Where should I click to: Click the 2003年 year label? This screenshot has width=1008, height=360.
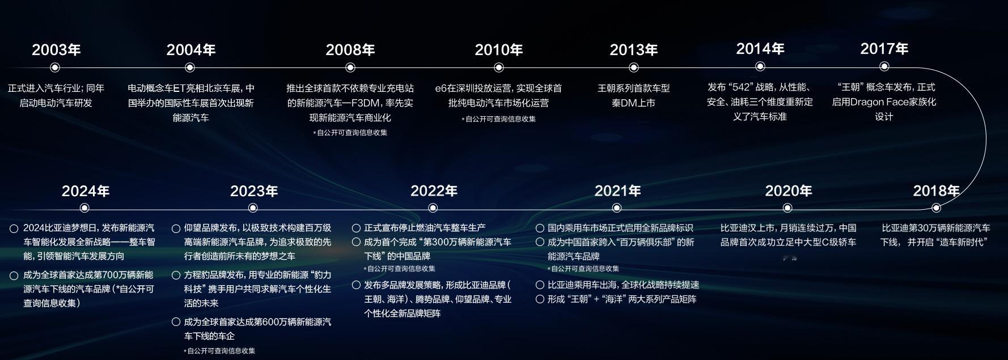pyautogui.click(x=56, y=50)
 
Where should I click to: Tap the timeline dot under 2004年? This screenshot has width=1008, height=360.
pyautogui.click(x=190, y=67)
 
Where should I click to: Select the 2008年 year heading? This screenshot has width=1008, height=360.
pyautogui.click(x=350, y=50)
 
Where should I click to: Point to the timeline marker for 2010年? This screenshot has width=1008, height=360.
pyautogui.click(x=499, y=67)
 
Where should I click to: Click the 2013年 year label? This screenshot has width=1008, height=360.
pyautogui.click(x=634, y=50)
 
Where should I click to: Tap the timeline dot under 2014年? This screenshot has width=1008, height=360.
pyautogui.click(x=760, y=66)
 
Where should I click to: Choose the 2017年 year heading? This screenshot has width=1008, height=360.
pyautogui.click(x=884, y=49)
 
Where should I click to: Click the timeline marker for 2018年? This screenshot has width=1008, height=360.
pyautogui.click(x=936, y=207)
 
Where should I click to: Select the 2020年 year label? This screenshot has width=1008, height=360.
pyautogui.click(x=789, y=191)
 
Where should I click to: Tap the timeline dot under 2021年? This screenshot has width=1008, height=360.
pyautogui.click(x=617, y=207)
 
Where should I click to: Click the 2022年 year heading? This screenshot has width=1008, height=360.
pyautogui.click(x=434, y=191)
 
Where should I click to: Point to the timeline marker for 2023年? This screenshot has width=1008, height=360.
pyautogui.click(x=253, y=207)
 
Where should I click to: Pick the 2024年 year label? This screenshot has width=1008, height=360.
pyautogui.click(x=86, y=191)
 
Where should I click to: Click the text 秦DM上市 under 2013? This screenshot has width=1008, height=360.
pyautogui.click(x=633, y=103)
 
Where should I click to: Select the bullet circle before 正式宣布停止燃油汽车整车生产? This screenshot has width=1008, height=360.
pyautogui.click(x=356, y=228)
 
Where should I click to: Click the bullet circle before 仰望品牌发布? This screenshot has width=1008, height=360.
pyautogui.click(x=176, y=228)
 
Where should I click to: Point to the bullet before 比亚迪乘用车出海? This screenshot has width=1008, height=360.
pyautogui.click(x=540, y=285)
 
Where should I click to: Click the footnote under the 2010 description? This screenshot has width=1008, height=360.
pyautogui.click(x=499, y=119)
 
